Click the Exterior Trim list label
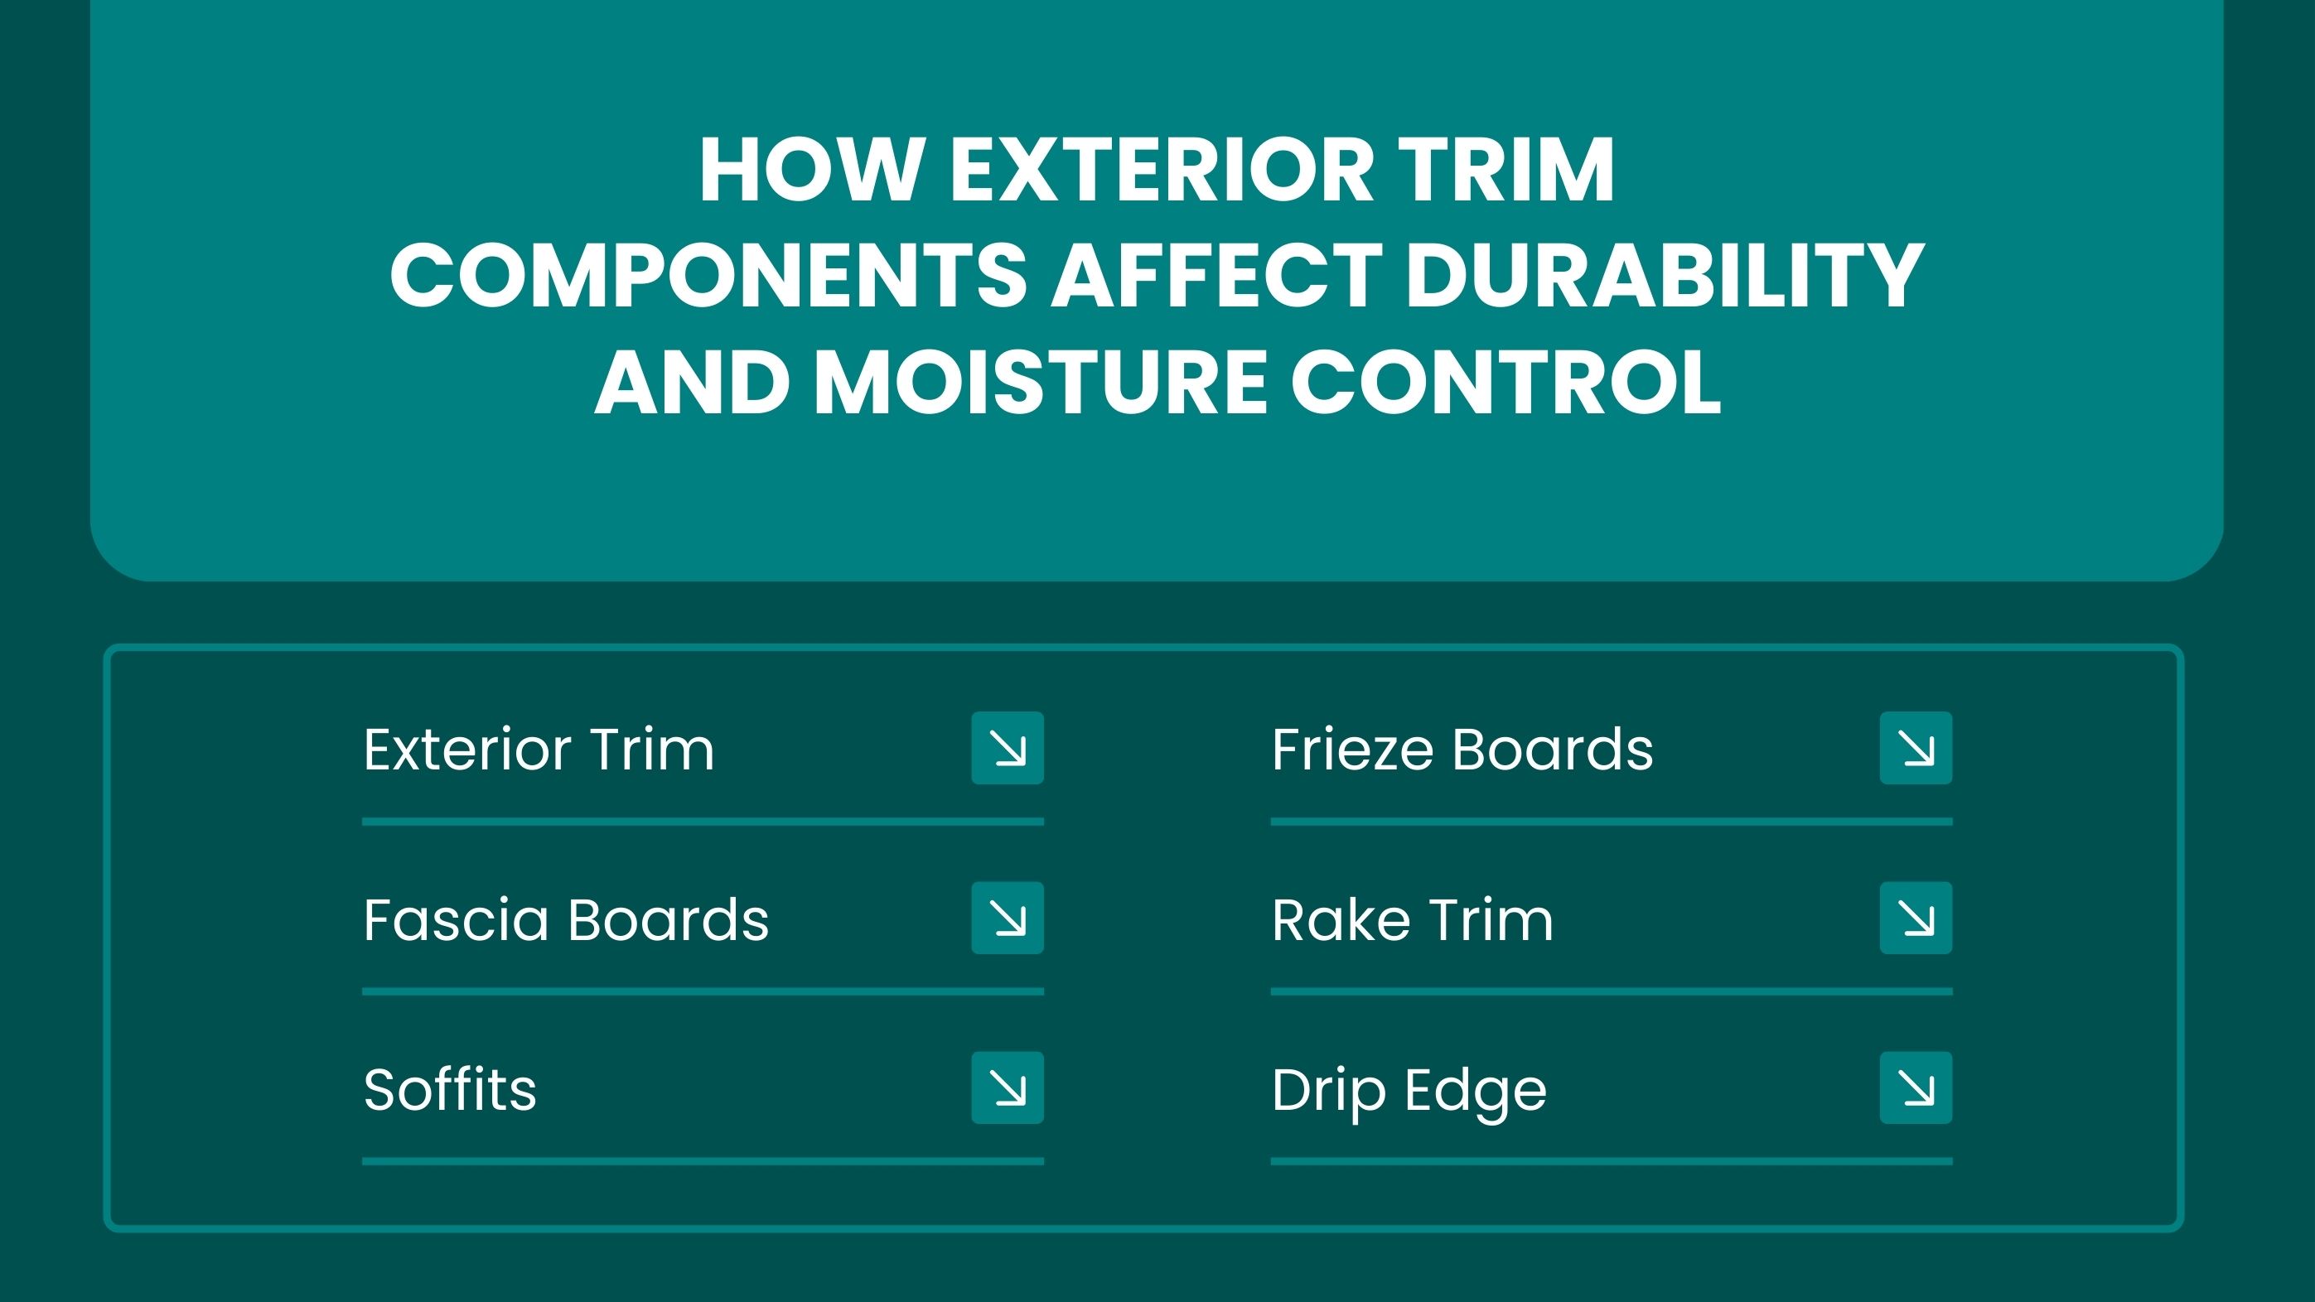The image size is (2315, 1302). point(539,749)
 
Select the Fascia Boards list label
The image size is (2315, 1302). point(566,919)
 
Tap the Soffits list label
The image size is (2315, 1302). point(449,1088)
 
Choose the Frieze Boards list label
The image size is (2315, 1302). point(1462,749)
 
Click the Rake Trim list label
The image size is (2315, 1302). point(1412,919)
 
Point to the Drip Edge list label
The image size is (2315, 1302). point(1409,1091)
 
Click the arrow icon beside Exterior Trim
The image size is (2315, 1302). point(1008,748)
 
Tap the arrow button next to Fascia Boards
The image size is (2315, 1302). point(1008,918)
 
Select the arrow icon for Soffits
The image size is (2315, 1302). point(1008,1087)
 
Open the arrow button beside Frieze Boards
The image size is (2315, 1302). point(1916,748)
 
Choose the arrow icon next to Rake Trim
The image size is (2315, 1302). point(1916,918)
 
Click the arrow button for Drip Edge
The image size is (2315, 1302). point(1916,1087)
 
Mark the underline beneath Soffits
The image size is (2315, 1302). point(703,1161)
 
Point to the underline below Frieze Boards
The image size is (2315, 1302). point(1612,822)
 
